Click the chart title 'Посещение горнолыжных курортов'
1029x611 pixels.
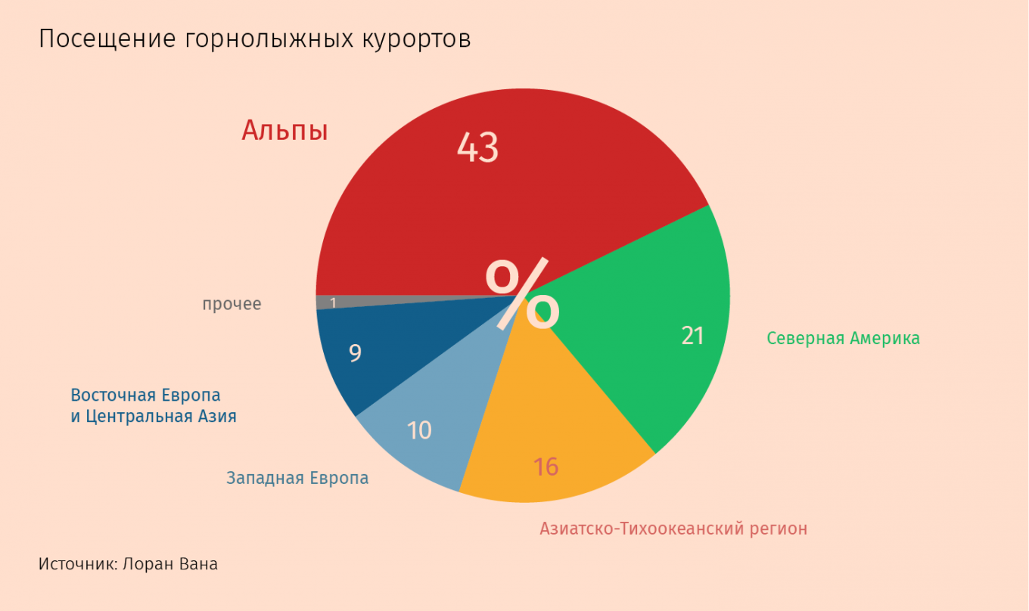254,39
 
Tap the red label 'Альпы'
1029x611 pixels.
284,131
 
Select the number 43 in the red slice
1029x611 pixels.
477,147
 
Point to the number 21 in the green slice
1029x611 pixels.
692,336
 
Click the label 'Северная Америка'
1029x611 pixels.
843,338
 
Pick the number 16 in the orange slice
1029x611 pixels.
545,467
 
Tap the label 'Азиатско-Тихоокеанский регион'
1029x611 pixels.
673,529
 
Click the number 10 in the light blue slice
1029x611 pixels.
419,430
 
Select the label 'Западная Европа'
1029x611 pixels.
297,478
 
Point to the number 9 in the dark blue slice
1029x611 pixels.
355,353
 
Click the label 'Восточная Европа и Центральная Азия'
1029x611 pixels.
153,406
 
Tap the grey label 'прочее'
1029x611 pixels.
232,304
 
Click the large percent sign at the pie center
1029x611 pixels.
522,295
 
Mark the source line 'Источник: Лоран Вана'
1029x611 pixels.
128,564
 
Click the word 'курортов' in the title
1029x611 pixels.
415,39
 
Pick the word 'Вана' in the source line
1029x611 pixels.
199,564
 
